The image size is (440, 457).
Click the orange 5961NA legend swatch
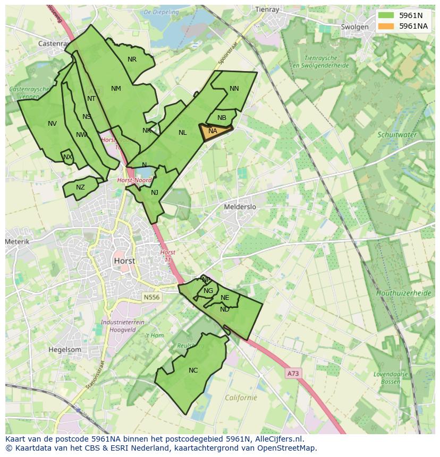coord(386,26)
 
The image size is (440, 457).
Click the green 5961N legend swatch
coord(386,15)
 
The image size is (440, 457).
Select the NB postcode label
coord(222,118)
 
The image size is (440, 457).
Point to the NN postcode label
coord(234,89)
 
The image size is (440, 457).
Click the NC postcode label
coord(193,370)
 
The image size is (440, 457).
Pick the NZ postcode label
coord(80,187)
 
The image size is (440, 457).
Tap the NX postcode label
coord(67,157)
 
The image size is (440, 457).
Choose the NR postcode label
coord(132,59)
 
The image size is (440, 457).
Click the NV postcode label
coord(52,124)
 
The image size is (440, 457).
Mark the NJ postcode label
coord(155,193)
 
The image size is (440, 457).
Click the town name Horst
coord(124,261)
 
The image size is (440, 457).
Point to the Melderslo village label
coord(240,207)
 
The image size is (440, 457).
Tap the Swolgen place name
coord(354,27)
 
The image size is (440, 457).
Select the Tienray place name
coord(267,10)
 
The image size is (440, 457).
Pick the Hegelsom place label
coord(65,350)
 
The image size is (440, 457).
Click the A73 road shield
coord(292,374)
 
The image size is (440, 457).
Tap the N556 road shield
coord(151,297)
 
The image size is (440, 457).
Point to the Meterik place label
coord(17,242)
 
